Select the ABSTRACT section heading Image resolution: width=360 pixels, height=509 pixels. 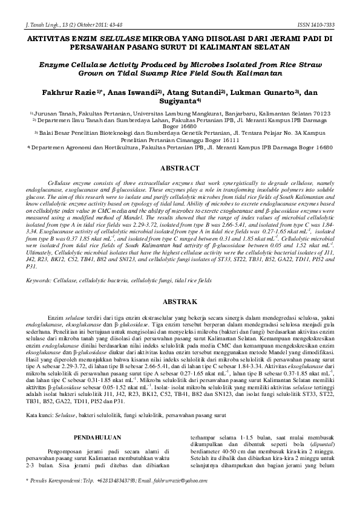click(x=180, y=167)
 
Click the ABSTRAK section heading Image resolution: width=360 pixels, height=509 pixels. click(x=180, y=301)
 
